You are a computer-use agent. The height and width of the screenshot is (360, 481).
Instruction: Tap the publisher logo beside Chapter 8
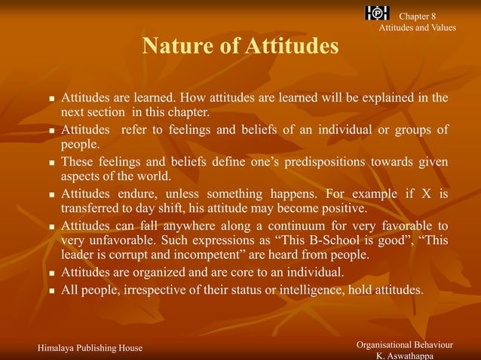point(377,13)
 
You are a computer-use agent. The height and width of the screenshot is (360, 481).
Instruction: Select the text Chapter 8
point(417,17)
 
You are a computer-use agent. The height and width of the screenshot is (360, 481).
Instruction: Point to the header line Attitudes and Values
point(417,28)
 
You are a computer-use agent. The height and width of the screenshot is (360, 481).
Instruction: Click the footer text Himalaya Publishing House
point(90,347)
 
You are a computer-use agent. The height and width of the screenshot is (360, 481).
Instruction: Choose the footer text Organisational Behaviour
point(405,344)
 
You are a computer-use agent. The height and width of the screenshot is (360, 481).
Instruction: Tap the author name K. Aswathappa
point(405,355)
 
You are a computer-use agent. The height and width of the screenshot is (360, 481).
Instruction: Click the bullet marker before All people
point(51,290)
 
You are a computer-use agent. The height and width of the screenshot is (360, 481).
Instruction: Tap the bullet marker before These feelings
point(51,163)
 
